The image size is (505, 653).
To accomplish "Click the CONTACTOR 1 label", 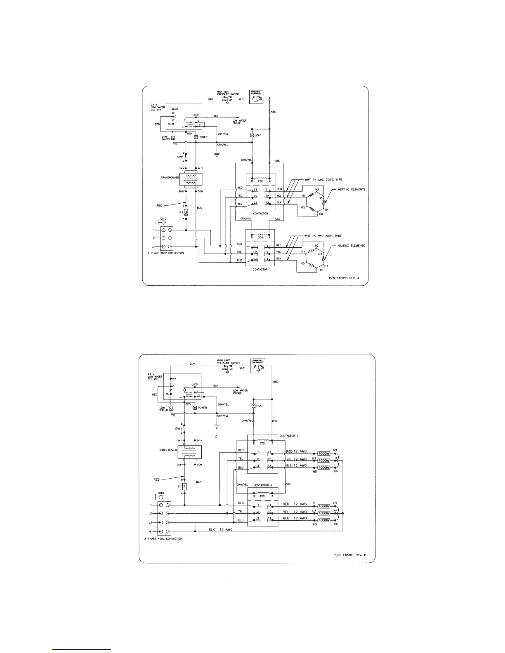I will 289,436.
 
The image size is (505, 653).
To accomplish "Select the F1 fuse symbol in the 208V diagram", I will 186,213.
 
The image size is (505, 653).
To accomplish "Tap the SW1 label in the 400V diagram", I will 178,429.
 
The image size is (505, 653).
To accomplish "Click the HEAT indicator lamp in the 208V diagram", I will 252,135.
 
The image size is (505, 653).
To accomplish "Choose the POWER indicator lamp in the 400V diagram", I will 196,408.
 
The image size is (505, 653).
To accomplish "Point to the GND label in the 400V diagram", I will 161,493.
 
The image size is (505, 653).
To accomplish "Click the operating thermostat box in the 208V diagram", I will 256,96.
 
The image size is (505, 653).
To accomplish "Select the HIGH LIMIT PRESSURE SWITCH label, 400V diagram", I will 228,362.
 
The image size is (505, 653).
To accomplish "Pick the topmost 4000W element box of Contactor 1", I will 324,453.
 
